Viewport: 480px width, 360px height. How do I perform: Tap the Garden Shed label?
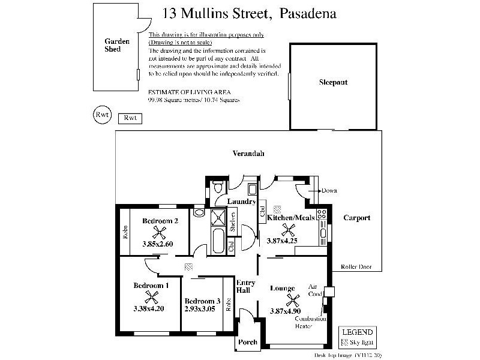click(x=113, y=45)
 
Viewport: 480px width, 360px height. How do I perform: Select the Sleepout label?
click(x=333, y=82)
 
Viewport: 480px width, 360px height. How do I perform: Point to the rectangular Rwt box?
click(x=130, y=118)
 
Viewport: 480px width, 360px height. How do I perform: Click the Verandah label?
click(x=248, y=154)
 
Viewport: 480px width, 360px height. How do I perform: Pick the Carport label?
click(x=356, y=218)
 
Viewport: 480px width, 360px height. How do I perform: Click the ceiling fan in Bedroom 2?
click(x=160, y=233)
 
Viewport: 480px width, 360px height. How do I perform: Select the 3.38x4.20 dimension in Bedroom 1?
click(x=149, y=308)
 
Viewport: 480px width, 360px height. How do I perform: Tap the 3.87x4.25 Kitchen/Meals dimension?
click(x=282, y=241)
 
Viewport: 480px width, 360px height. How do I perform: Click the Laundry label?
click(x=242, y=202)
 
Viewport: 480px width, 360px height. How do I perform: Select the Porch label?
click(x=248, y=342)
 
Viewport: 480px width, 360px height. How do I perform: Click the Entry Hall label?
click(x=246, y=286)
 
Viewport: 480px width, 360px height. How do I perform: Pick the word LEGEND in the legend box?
click(x=358, y=332)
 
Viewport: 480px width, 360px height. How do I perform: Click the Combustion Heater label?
click(x=311, y=323)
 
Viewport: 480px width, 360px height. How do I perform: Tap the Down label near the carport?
click(x=329, y=191)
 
